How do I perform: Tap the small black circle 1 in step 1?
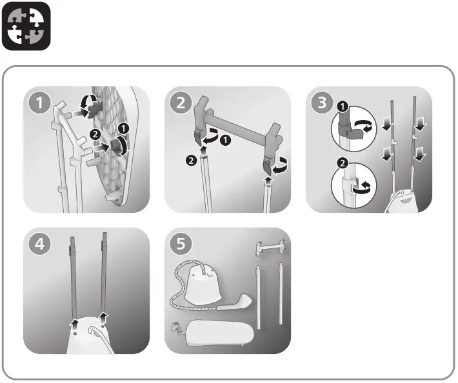pyautogui.click(x=122, y=129)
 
